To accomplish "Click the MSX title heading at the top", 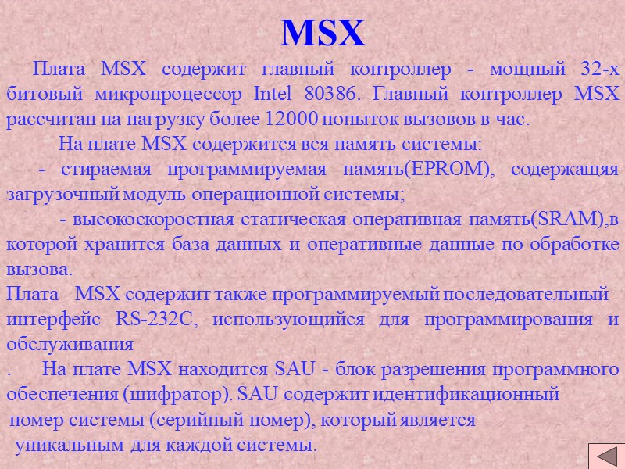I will (x=323, y=33).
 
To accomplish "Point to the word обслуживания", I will (x=70, y=345).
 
